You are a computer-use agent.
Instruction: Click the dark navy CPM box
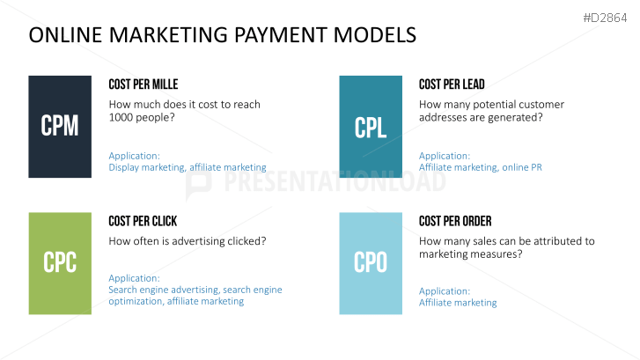click(x=60, y=127)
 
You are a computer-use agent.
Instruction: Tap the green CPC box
click(x=60, y=263)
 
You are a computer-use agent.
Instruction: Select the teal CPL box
click(x=371, y=127)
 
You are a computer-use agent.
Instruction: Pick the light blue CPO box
click(x=371, y=263)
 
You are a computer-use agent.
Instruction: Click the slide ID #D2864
click(x=605, y=18)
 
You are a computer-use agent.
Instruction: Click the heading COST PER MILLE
click(x=143, y=84)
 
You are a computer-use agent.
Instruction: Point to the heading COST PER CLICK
click(x=143, y=221)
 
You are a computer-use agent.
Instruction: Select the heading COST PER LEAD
click(x=452, y=84)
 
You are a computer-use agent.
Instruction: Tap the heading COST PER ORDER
click(x=455, y=221)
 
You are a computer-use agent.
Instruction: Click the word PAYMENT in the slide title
click(x=281, y=34)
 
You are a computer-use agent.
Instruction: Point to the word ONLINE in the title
click(x=65, y=34)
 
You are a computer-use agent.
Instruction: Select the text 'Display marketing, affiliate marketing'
click(x=188, y=167)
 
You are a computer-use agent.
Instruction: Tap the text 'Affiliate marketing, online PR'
click(x=481, y=167)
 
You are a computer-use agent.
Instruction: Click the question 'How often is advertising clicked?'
click(x=188, y=241)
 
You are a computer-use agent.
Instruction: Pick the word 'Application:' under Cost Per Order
click(x=445, y=291)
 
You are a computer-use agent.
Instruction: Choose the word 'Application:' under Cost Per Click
click(x=135, y=278)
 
